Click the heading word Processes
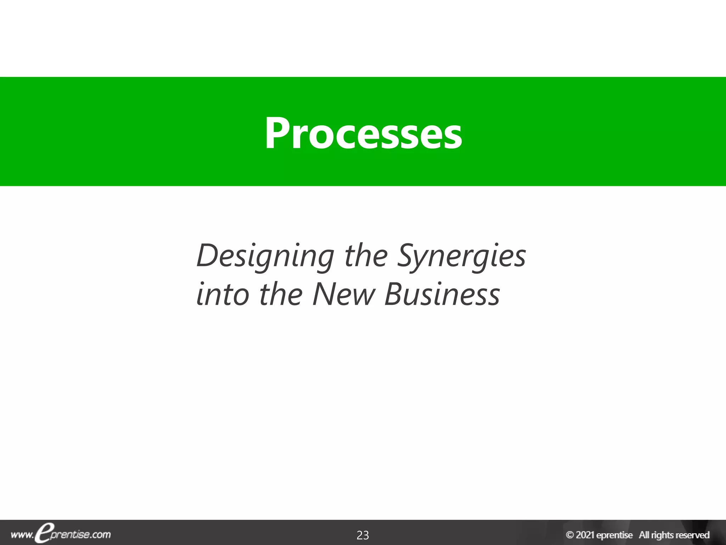tap(363, 133)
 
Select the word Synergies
tap(461, 256)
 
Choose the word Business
tap(442, 294)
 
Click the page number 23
tap(363, 535)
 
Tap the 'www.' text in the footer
tap(22, 535)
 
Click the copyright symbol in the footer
tap(570, 535)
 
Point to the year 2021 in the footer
tap(585, 535)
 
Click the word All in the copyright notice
tap(644, 535)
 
